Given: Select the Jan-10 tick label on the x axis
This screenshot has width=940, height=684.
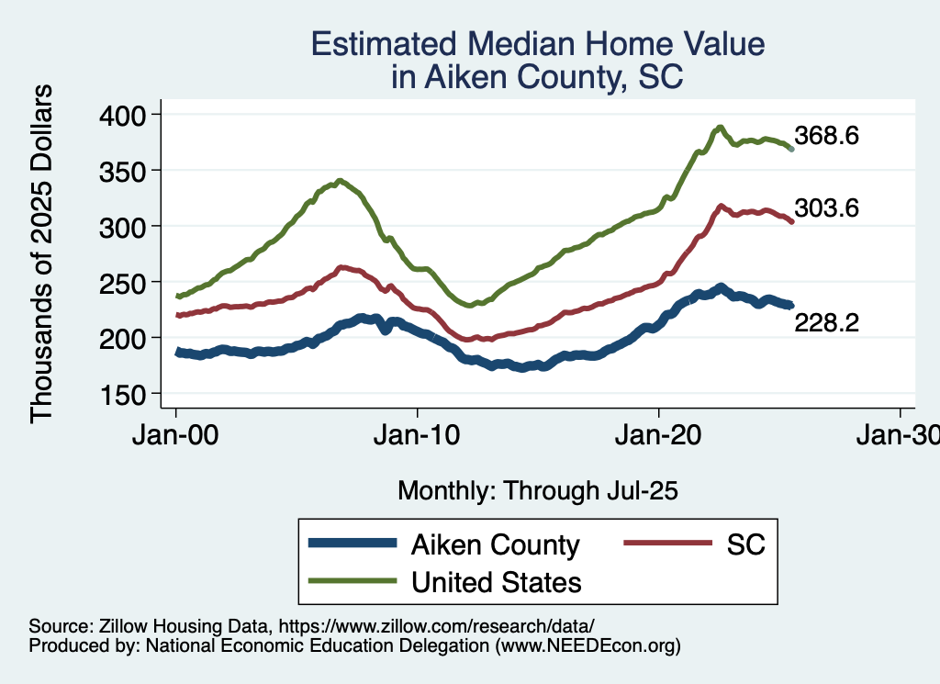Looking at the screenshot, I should [418, 437].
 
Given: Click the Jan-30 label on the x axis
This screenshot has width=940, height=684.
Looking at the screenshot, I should [900, 437].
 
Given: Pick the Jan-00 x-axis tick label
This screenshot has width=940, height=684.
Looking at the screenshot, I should [176, 437].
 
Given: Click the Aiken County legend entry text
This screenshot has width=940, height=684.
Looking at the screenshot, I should [496, 544].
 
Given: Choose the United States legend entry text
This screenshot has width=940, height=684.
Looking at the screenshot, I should [496, 581].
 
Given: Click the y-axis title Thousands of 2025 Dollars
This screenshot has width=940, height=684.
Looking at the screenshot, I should [42, 253].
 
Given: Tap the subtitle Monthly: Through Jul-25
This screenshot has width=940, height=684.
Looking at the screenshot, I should [538, 491].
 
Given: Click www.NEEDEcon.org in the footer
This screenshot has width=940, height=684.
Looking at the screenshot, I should [587, 646].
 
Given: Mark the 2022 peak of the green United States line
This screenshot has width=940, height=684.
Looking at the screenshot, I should [721, 127].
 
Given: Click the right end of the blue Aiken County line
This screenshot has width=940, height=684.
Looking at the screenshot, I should [791, 305].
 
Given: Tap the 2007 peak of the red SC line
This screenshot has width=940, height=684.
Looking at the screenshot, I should [341, 267].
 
